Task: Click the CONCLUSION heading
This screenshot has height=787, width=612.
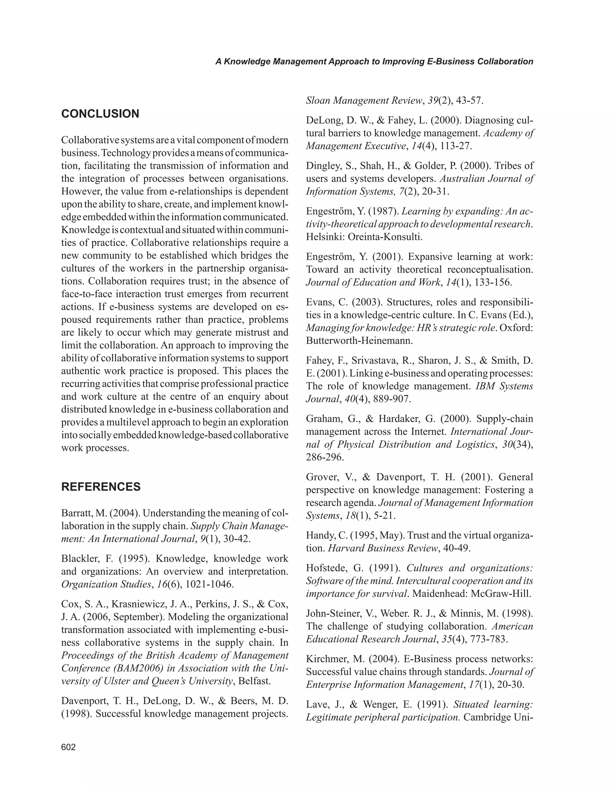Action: click(100, 114)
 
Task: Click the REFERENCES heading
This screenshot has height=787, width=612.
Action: click(101, 487)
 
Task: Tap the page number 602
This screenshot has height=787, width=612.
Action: click(68, 747)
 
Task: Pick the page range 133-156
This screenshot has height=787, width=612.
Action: click(493, 282)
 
